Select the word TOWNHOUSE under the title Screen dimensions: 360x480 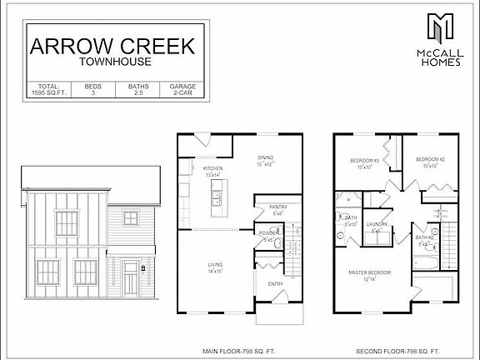(112, 62)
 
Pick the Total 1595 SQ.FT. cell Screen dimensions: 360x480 (45, 90)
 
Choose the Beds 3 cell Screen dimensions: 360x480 (91, 90)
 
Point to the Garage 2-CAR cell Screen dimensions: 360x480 (182, 90)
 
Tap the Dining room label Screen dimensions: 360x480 (265, 157)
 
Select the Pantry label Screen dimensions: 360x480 (277, 209)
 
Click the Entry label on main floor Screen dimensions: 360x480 (275, 283)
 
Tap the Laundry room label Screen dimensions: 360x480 (377, 223)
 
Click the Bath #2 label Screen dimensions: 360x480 (426, 238)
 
